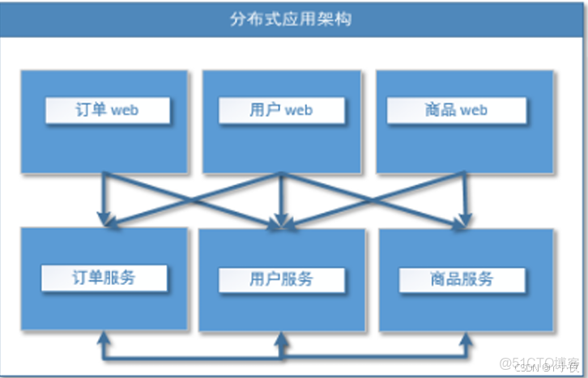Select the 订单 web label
[108, 110]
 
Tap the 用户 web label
[281, 110]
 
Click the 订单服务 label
[104, 278]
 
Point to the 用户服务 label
[280, 279]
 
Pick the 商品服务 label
[462, 279]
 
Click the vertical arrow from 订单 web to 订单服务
[104, 194]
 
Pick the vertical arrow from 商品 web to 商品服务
[466, 194]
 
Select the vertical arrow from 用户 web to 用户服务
[280, 194]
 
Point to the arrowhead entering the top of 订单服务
[104, 219]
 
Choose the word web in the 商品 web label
[474, 110]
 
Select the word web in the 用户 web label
[298, 110]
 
